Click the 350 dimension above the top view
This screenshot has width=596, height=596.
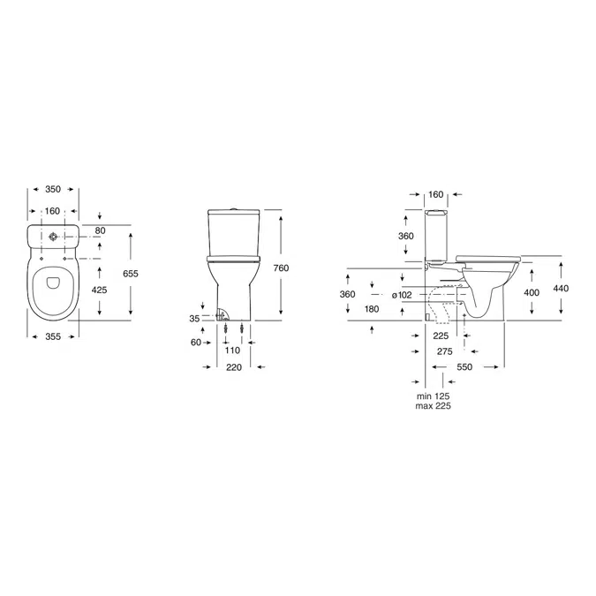coord(55,190)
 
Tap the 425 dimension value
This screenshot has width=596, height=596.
coord(99,289)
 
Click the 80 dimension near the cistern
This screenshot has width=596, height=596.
coord(100,231)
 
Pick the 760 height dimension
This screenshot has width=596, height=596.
coord(280,267)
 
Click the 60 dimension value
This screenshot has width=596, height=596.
coord(196,343)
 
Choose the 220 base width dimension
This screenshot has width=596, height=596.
coord(234,368)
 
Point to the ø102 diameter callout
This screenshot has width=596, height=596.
coord(401,295)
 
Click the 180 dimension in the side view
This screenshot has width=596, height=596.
coord(372,309)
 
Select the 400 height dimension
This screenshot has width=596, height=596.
coord(532,291)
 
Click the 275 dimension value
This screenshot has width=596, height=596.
coord(446,351)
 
